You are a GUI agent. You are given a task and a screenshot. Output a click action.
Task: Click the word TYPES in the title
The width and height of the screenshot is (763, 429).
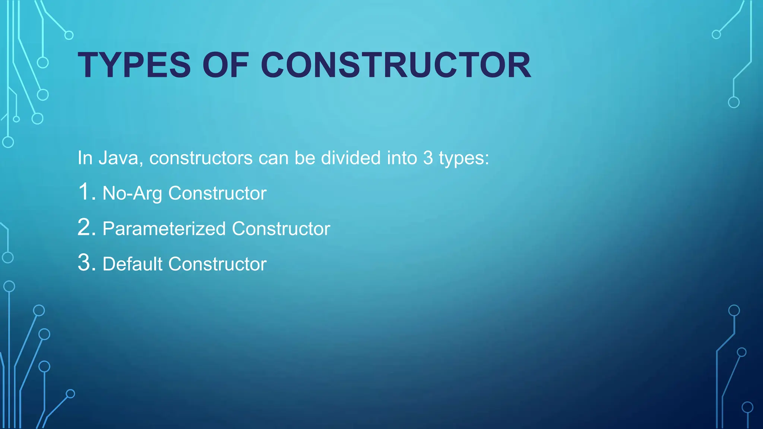point(134,65)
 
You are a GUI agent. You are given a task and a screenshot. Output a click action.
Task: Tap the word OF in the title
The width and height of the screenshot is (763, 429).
point(226,65)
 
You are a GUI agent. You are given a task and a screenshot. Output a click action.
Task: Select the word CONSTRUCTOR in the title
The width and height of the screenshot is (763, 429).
point(396,65)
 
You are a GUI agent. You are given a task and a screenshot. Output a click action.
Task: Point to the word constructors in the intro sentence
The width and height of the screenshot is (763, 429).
point(201,158)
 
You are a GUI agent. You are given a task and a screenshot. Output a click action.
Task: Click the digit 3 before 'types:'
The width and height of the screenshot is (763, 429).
point(428,158)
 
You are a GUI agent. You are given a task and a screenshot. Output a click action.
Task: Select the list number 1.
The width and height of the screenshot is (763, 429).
point(85,192)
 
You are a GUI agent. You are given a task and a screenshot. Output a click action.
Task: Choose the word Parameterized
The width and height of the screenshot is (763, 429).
point(164,229)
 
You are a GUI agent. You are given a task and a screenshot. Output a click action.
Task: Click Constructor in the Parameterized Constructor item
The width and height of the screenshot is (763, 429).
point(281,229)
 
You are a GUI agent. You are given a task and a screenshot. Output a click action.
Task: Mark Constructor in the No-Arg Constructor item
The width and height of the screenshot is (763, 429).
point(217,193)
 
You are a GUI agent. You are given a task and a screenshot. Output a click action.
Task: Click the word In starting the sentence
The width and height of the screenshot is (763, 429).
point(85,158)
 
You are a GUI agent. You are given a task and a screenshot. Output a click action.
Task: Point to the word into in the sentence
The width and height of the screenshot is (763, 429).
point(402,158)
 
